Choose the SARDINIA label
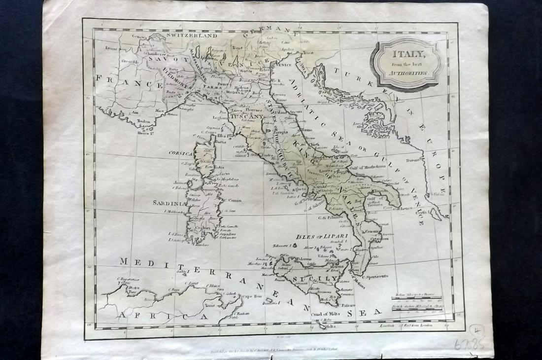pos(169,203)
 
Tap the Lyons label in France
pos(111,48)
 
